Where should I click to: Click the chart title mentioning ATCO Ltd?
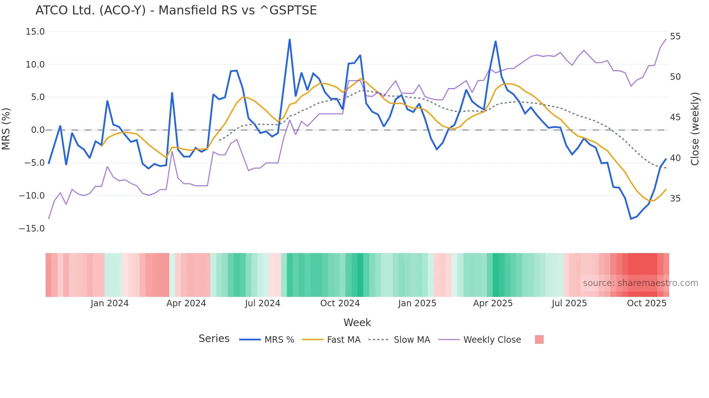coord(176,10)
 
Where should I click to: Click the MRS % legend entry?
coord(279,340)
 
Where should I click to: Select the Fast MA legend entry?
coord(343,340)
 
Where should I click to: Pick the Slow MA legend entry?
coord(412,340)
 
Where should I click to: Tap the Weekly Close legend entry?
coord(492,340)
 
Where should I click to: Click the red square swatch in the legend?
coord(539,339)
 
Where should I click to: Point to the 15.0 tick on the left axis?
coord(35,32)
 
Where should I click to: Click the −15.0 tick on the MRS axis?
coord(32,229)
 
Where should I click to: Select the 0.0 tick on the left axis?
coord(38,130)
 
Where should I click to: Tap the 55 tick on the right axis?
coord(675,36)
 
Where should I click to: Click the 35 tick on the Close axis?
coord(675,199)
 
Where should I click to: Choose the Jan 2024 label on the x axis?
coord(110,303)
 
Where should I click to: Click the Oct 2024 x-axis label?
coord(340,303)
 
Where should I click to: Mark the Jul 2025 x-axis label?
coord(569,303)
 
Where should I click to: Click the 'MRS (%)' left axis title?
coord(6,129)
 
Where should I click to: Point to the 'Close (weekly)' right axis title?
coord(695,129)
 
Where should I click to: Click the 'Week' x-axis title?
coord(357,323)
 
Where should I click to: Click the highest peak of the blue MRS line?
coord(290,39)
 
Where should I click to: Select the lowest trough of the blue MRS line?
coord(631,219)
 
